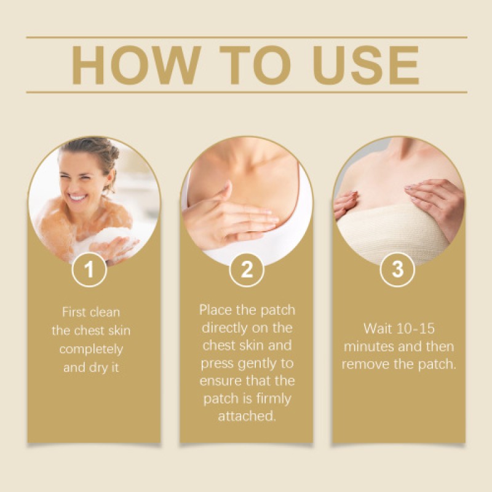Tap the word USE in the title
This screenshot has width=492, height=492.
[x=362, y=65]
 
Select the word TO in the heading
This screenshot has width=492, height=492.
[x=248, y=65]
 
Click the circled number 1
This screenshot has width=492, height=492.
[x=90, y=269]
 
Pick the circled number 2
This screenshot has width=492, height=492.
[x=246, y=269]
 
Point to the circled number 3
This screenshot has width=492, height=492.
[x=398, y=269]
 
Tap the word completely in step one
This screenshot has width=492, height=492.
[x=91, y=349]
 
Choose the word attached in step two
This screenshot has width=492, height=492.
[x=246, y=416]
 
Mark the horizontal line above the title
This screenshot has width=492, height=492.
[x=246, y=38]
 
